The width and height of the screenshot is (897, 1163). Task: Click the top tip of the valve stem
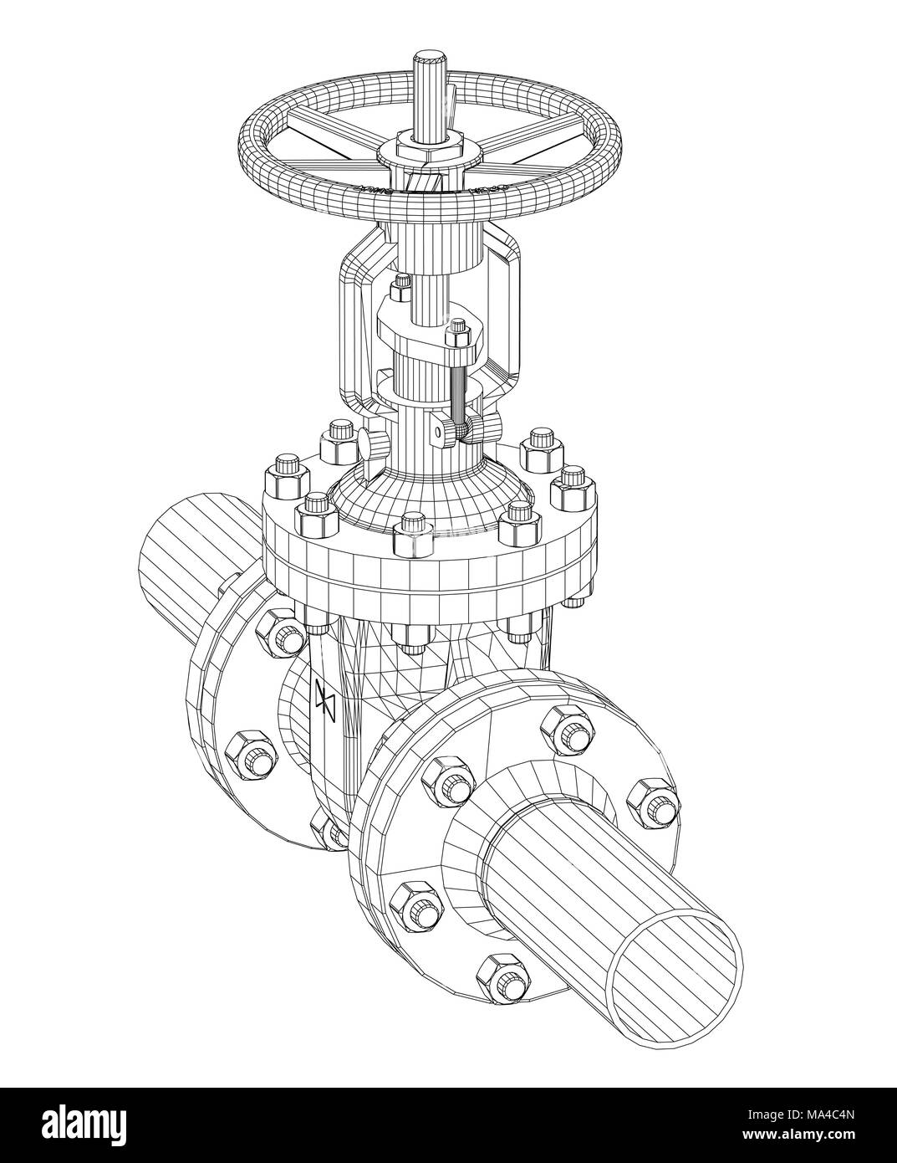click(429, 58)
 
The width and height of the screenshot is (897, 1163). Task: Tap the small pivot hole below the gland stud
click(435, 432)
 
